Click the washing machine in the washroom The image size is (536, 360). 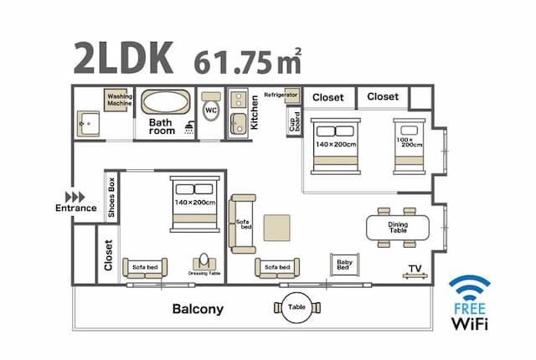click(x=118, y=100)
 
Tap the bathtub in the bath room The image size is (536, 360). click(x=166, y=102)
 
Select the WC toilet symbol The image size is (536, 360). click(x=211, y=106)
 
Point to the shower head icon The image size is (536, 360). click(x=189, y=128)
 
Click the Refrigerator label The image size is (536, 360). click(x=281, y=95)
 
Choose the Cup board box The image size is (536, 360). click(x=294, y=121)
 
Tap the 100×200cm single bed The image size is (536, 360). click(x=410, y=147)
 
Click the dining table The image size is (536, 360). click(x=398, y=227)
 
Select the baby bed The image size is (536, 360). click(x=344, y=265)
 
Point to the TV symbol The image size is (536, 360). click(x=415, y=272)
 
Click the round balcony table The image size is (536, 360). click(x=297, y=307)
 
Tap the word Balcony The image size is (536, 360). click(x=198, y=309)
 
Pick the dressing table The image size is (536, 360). click(x=204, y=263)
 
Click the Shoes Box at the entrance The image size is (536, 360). click(x=111, y=197)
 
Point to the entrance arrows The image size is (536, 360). click(x=75, y=197)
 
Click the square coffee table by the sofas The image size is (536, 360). click(x=277, y=228)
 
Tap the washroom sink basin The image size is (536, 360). click(x=88, y=124)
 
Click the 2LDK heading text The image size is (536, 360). click(x=123, y=58)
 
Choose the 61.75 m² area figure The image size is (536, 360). click(x=248, y=61)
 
